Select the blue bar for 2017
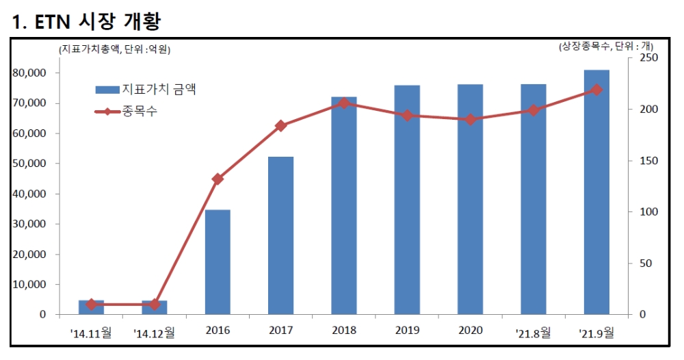coord(280,235)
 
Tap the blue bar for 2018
coord(344,205)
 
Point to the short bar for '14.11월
coord(91,307)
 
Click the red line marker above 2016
coord(218,179)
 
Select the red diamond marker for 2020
coord(471,120)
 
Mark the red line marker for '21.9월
coord(596,90)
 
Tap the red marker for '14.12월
coord(155,304)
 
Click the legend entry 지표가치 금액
coord(158,90)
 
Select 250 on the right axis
coord(646,59)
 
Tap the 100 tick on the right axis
coord(646,212)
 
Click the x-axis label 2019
coord(407,331)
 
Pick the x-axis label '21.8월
coord(533,333)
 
